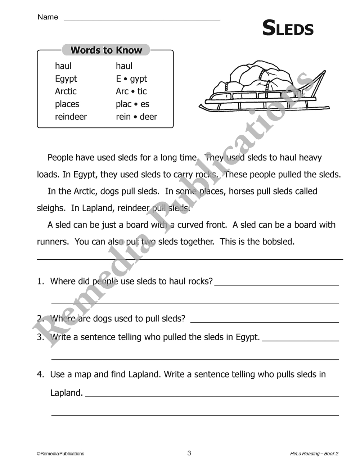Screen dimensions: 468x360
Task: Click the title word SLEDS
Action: pyautogui.click(x=288, y=28)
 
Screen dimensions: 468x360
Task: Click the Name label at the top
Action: pyautogui.click(x=48, y=17)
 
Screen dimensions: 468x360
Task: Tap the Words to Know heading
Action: pyautogui.click(x=106, y=50)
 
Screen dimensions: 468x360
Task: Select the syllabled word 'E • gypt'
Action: pyautogui.click(x=131, y=79)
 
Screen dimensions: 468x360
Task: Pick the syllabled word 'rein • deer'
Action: pyautogui.click(x=136, y=117)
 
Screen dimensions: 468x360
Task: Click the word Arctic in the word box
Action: pyautogui.click(x=66, y=91)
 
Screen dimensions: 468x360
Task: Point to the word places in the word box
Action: pyautogui.click(x=67, y=104)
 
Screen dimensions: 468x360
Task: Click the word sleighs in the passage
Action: pyautogui.click(x=49, y=208)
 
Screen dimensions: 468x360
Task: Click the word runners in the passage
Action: pyautogui.click(x=52, y=242)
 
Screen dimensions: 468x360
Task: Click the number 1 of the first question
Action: pyautogui.click(x=40, y=281)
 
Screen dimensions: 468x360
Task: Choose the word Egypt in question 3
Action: pyautogui.click(x=247, y=337)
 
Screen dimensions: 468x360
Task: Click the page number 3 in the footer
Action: pyautogui.click(x=189, y=453)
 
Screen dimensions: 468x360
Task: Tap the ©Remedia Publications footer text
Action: pyautogui.click(x=60, y=454)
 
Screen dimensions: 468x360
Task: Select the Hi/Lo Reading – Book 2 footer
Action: pyautogui.click(x=314, y=454)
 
